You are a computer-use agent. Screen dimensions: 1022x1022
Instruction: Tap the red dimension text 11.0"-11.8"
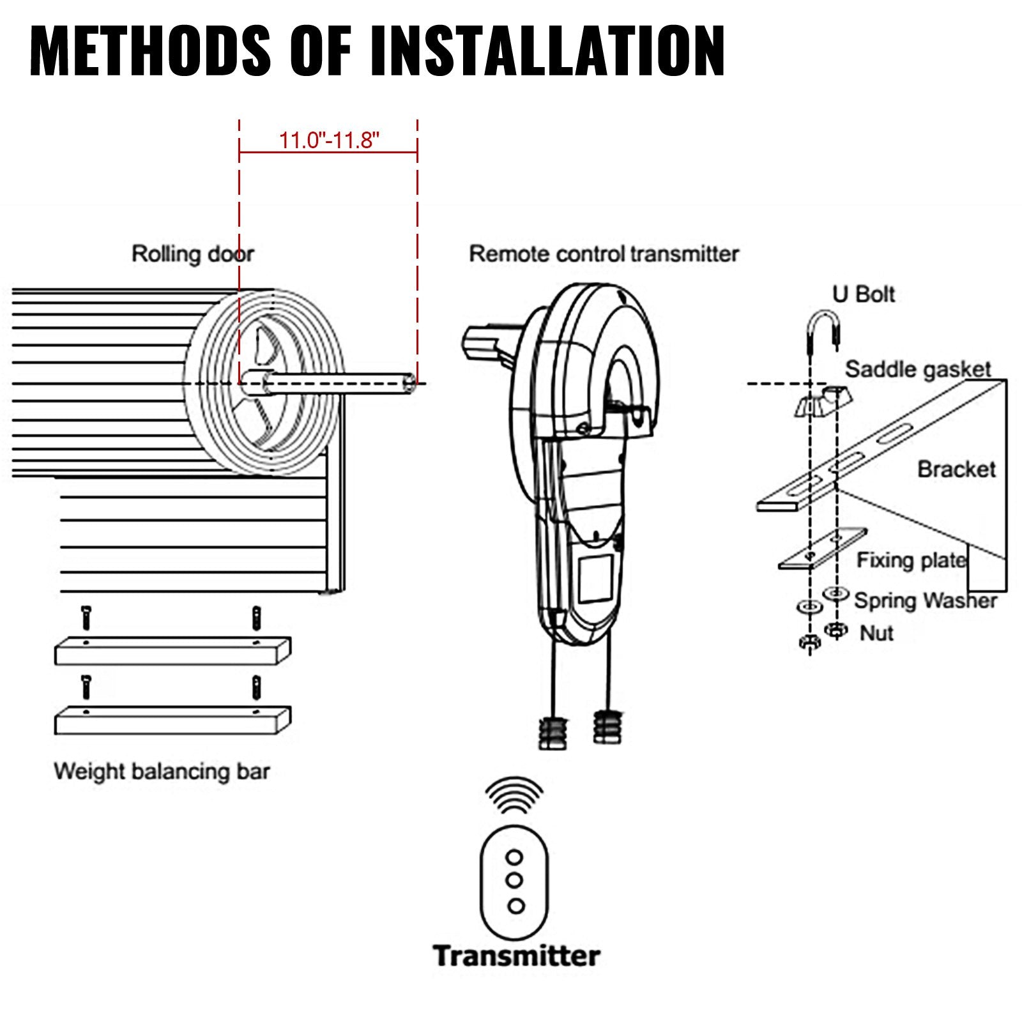(329, 140)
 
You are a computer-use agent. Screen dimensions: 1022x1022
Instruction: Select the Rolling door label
(192, 254)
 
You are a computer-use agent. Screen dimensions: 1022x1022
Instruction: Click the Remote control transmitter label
(604, 254)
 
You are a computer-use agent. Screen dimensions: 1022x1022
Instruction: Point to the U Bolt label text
(863, 294)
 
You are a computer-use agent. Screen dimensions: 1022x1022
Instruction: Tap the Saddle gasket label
(918, 369)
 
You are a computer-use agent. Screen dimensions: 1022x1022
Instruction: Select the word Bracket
(956, 469)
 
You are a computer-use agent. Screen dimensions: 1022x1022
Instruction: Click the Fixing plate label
(911, 560)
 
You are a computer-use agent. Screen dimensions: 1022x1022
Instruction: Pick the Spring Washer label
(926, 600)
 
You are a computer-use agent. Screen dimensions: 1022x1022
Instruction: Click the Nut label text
(876, 633)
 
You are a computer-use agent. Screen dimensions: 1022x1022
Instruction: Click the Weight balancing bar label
(162, 772)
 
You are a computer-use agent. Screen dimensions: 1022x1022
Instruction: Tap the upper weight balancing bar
(172, 652)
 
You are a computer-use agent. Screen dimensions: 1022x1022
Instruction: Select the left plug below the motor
(553, 731)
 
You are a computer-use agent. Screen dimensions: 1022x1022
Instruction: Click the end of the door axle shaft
(409, 383)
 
